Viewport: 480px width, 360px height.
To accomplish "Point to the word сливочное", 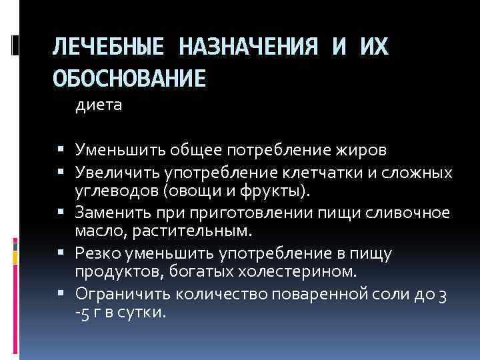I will [x=407, y=213].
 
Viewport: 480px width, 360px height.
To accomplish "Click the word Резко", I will [x=97, y=253].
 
